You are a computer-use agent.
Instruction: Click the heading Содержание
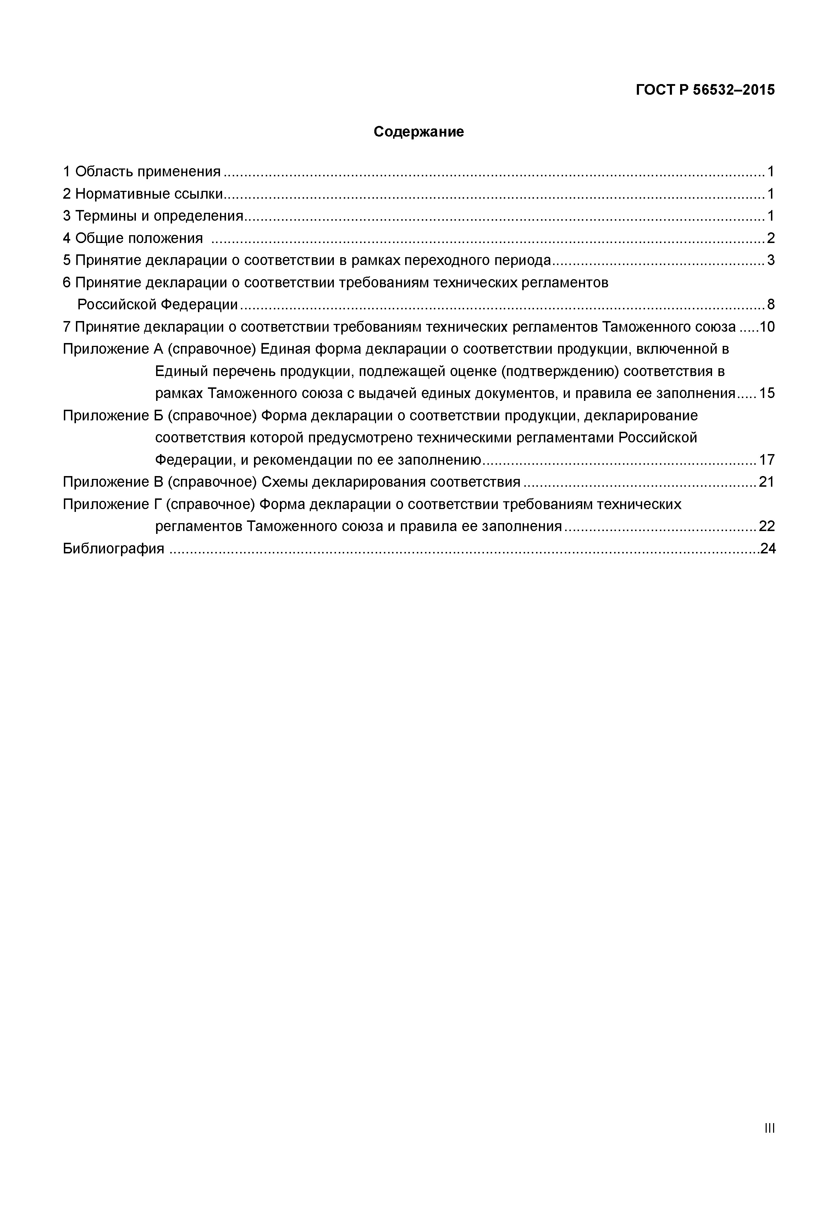[x=419, y=132]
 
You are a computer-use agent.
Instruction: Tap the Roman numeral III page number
[x=769, y=1128]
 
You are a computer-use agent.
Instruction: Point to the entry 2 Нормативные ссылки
[x=143, y=194]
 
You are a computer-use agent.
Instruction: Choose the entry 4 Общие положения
[x=133, y=238]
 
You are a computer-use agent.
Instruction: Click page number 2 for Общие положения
[x=770, y=238]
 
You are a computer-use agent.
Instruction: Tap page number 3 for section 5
[x=770, y=260]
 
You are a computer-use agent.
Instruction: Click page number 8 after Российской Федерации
[x=770, y=304]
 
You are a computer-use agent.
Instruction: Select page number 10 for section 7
[x=767, y=327]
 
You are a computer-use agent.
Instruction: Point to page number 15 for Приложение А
[x=767, y=393]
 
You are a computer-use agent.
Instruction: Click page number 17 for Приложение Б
[x=767, y=460]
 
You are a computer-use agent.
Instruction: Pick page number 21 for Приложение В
[x=767, y=482]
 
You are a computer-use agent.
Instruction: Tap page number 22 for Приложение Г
[x=767, y=526]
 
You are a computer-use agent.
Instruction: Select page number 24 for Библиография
[x=768, y=549]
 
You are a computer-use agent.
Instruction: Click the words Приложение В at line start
[x=113, y=482]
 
